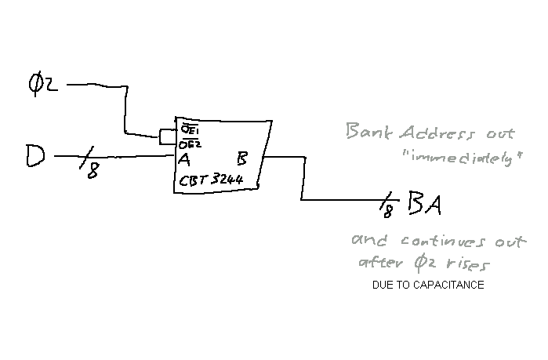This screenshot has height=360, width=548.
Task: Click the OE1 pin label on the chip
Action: pyautogui.click(x=189, y=128)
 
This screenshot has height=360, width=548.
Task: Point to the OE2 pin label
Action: pyautogui.click(x=188, y=143)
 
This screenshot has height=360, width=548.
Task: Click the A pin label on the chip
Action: pyautogui.click(x=185, y=160)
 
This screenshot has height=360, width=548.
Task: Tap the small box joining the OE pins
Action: pyautogui.click(x=167, y=137)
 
